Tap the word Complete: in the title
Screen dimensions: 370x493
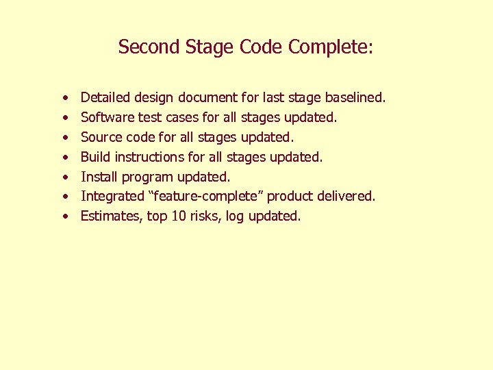pyautogui.click(x=331, y=47)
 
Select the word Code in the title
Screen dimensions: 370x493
pyautogui.click(x=262, y=47)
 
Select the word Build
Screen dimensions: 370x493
pyautogui.click(x=95, y=157)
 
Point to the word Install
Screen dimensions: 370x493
pyautogui.click(x=97, y=177)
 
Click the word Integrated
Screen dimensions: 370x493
pyautogui.click(x=112, y=197)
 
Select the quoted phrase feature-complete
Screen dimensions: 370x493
pyautogui.click(x=205, y=197)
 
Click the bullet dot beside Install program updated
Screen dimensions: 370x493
pyautogui.click(x=63, y=177)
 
